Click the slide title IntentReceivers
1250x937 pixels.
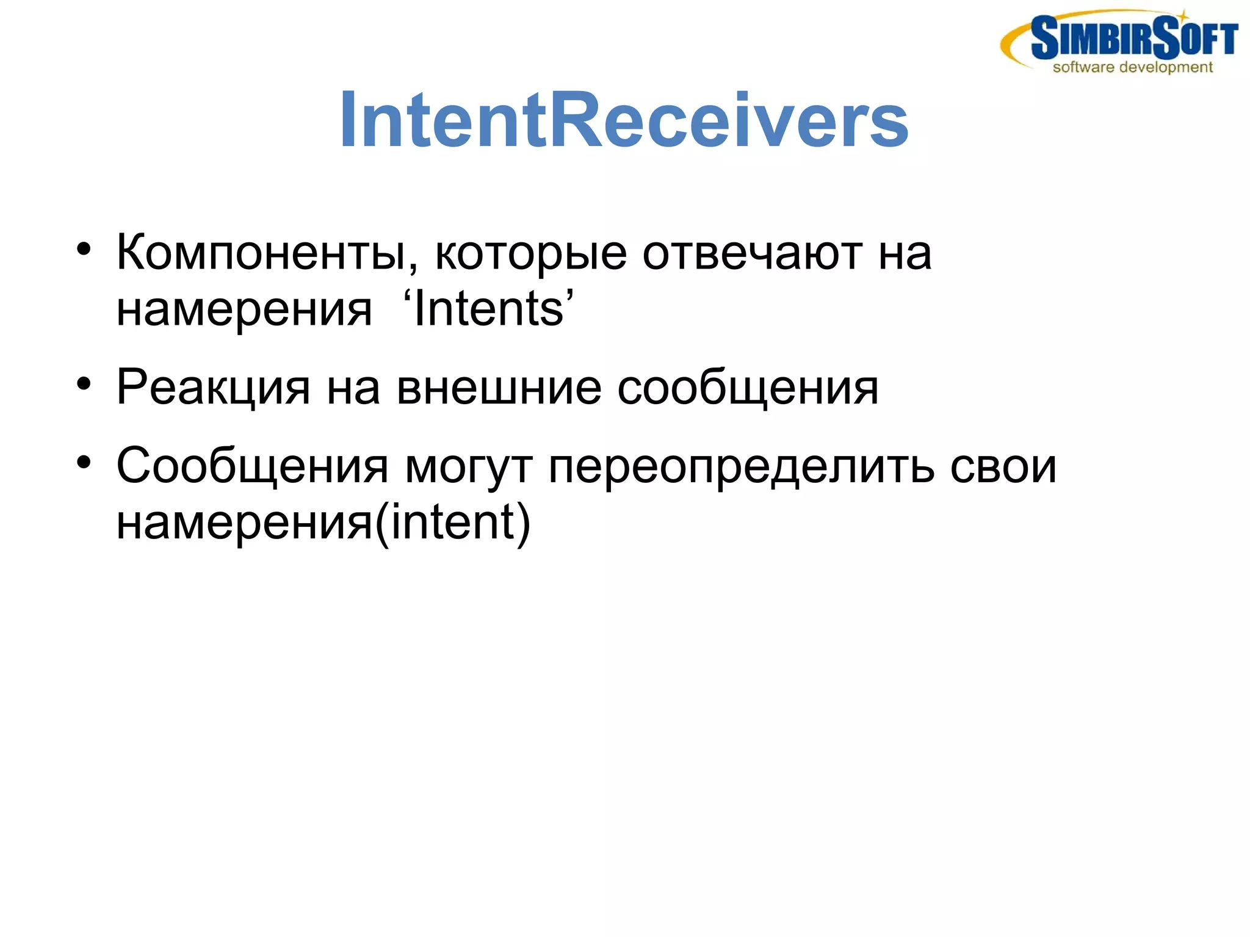tap(624, 120)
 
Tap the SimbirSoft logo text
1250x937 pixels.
tap(1134, 38)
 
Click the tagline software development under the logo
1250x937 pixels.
tap(1132, 67)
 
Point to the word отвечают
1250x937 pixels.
tap(752, 253)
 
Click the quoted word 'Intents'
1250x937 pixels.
tap(488, 309)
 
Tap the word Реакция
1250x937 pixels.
tap(213, 388)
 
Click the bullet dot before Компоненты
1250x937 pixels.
tap(84, 250)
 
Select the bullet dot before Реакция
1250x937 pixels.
tap(84, 384)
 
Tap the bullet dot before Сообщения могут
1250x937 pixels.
tap(84, 463)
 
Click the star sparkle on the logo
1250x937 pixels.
tap(1183, 15)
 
